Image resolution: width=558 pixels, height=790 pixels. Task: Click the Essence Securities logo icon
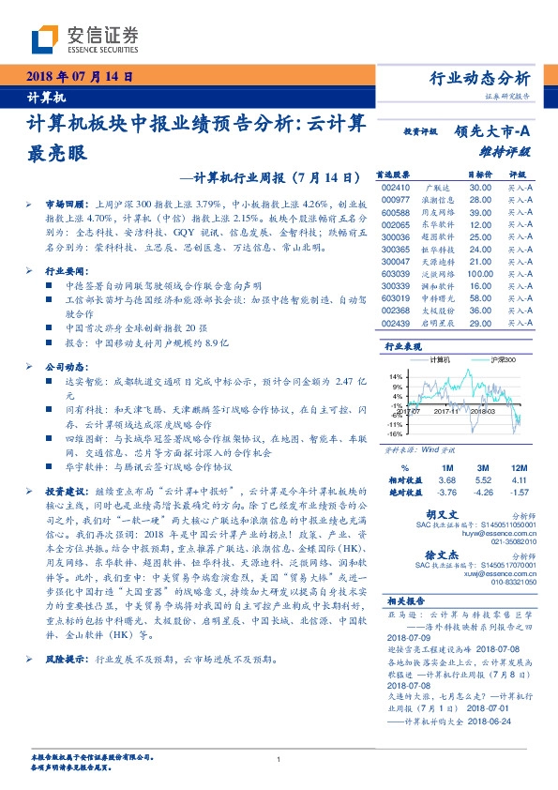pos(47,38)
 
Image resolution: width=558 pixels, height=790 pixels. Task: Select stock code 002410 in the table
pos(398,188)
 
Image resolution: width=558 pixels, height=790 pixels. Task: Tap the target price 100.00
pos(481,274)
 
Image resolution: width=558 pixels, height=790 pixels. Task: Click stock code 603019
pos(398,297)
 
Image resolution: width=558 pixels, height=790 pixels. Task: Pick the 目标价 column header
pos(479,175)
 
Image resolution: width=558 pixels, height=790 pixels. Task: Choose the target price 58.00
pos(481,297)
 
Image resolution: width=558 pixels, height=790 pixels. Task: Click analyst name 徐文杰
pos(467,555)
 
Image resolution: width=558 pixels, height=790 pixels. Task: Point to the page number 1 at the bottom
pos(279,759)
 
